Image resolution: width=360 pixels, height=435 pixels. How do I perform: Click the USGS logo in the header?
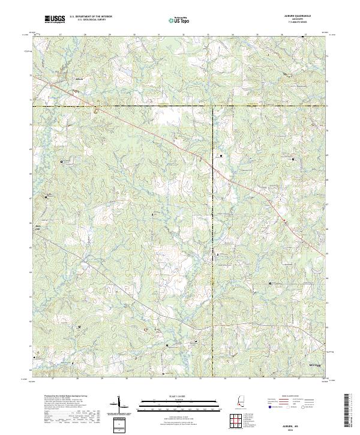click(x=56, y=20)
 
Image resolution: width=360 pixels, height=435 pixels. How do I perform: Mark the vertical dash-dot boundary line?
click(x=213, y=240)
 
